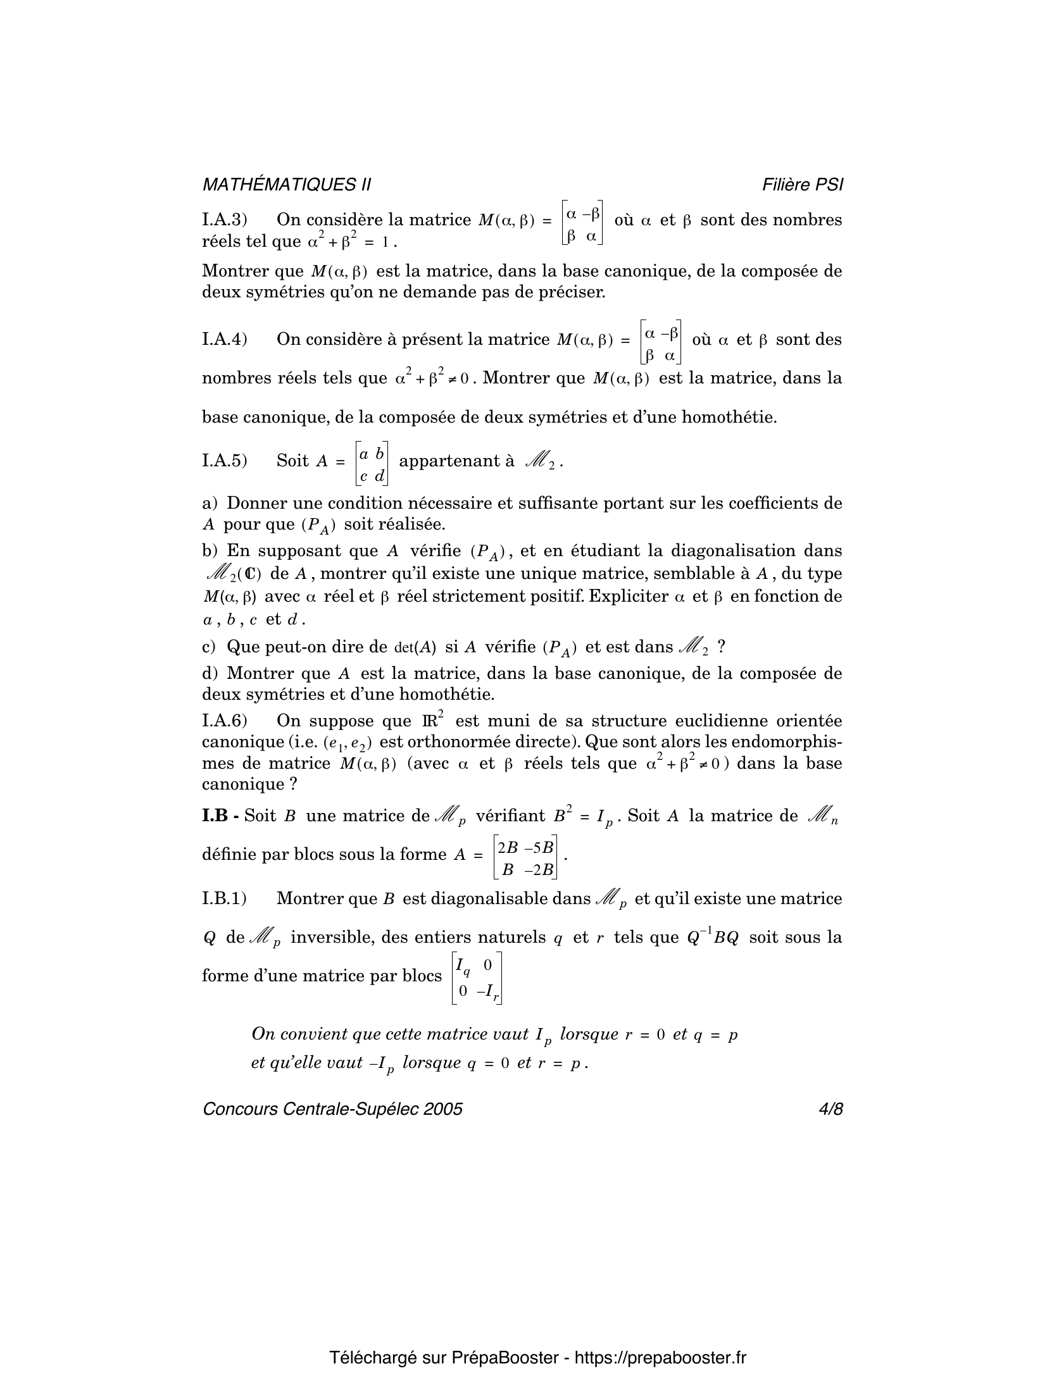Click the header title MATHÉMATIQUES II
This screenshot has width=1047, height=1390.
(x=286, y=185)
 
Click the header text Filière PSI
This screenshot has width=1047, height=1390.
(x=802, y=185)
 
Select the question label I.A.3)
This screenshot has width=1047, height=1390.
(x=224, y=220)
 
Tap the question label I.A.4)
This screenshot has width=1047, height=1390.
(x=224, y=340)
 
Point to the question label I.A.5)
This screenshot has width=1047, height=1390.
(x=224, y=461)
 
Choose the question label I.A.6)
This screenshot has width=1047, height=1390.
(x=224, y=721)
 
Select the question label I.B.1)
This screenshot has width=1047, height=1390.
(x=224, y=898)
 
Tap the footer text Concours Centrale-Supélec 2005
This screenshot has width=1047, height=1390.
(x=332, y=1108)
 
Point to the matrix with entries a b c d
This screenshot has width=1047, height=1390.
(x=371, y=463)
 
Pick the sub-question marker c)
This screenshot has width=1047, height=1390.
(x=209, y=647)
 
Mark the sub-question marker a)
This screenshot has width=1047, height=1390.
(x=209, y=504)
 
